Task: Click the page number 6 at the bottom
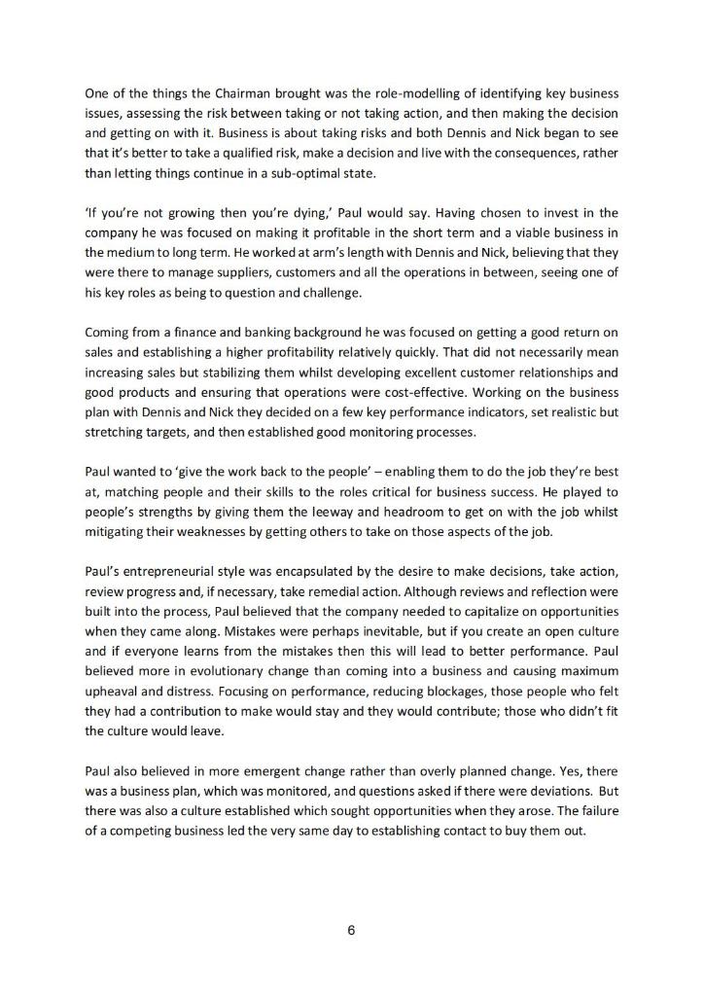pyautogui.click(x=352, y=931)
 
